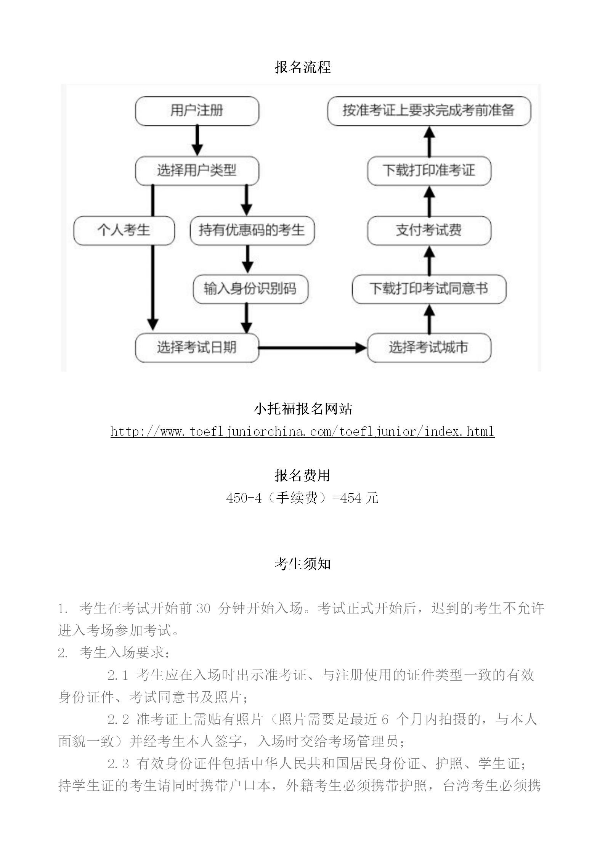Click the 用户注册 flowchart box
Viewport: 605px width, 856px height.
point(197,111)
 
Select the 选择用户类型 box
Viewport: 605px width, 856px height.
point(197,170)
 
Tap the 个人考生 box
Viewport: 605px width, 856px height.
point(124,230)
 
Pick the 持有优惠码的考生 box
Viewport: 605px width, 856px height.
point(252,230)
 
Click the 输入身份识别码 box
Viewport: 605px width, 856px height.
point(250,289)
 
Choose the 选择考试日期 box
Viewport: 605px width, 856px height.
point(197,348)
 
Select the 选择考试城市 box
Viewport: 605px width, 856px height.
point(429,348)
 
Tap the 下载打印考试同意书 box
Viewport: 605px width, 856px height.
point(429,289)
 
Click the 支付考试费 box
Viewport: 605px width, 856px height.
point(429,230)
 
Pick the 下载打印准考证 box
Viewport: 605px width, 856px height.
point(429,170)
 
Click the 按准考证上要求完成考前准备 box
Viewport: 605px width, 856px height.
point(429,111)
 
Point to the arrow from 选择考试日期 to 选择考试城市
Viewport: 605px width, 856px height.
point(313,348)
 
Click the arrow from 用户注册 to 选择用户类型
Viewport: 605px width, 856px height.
point(197,141)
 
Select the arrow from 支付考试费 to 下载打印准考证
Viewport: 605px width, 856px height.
point(430,201)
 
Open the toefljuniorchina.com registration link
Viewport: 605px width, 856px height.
point(302,432)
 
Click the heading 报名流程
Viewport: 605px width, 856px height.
point(303,67)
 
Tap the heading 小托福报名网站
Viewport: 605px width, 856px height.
point(303,409)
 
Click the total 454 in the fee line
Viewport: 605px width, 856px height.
point(351,498)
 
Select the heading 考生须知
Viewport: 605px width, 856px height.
point(303,564)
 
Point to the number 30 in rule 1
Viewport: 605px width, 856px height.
point(203,608)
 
